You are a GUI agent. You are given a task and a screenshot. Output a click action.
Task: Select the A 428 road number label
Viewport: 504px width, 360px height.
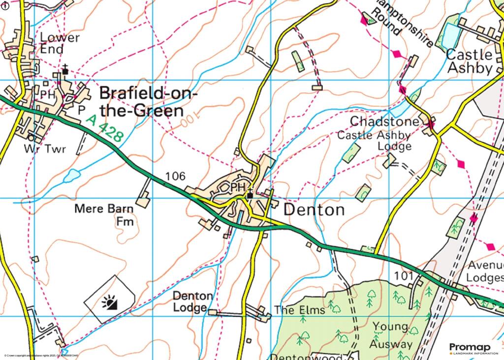pos(104,129)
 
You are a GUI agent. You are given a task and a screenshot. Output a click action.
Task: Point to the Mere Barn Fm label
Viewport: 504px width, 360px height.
pos(104,215)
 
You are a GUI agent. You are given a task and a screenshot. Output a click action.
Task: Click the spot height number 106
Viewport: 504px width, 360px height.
pos(175,176)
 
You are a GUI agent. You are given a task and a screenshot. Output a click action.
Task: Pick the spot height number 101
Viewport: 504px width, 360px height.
pos(404,276)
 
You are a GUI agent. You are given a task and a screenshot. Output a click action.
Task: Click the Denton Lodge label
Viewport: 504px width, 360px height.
pos(193,302)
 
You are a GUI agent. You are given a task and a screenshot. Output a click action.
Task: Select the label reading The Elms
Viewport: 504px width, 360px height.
pos(300,310)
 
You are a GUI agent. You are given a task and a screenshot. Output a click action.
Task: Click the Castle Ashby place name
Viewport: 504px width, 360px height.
pos(469,61)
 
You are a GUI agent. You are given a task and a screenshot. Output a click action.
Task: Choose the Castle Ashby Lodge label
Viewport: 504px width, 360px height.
pos(374,140)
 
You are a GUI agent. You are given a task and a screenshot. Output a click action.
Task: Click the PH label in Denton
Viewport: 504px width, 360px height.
pos(237,187)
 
